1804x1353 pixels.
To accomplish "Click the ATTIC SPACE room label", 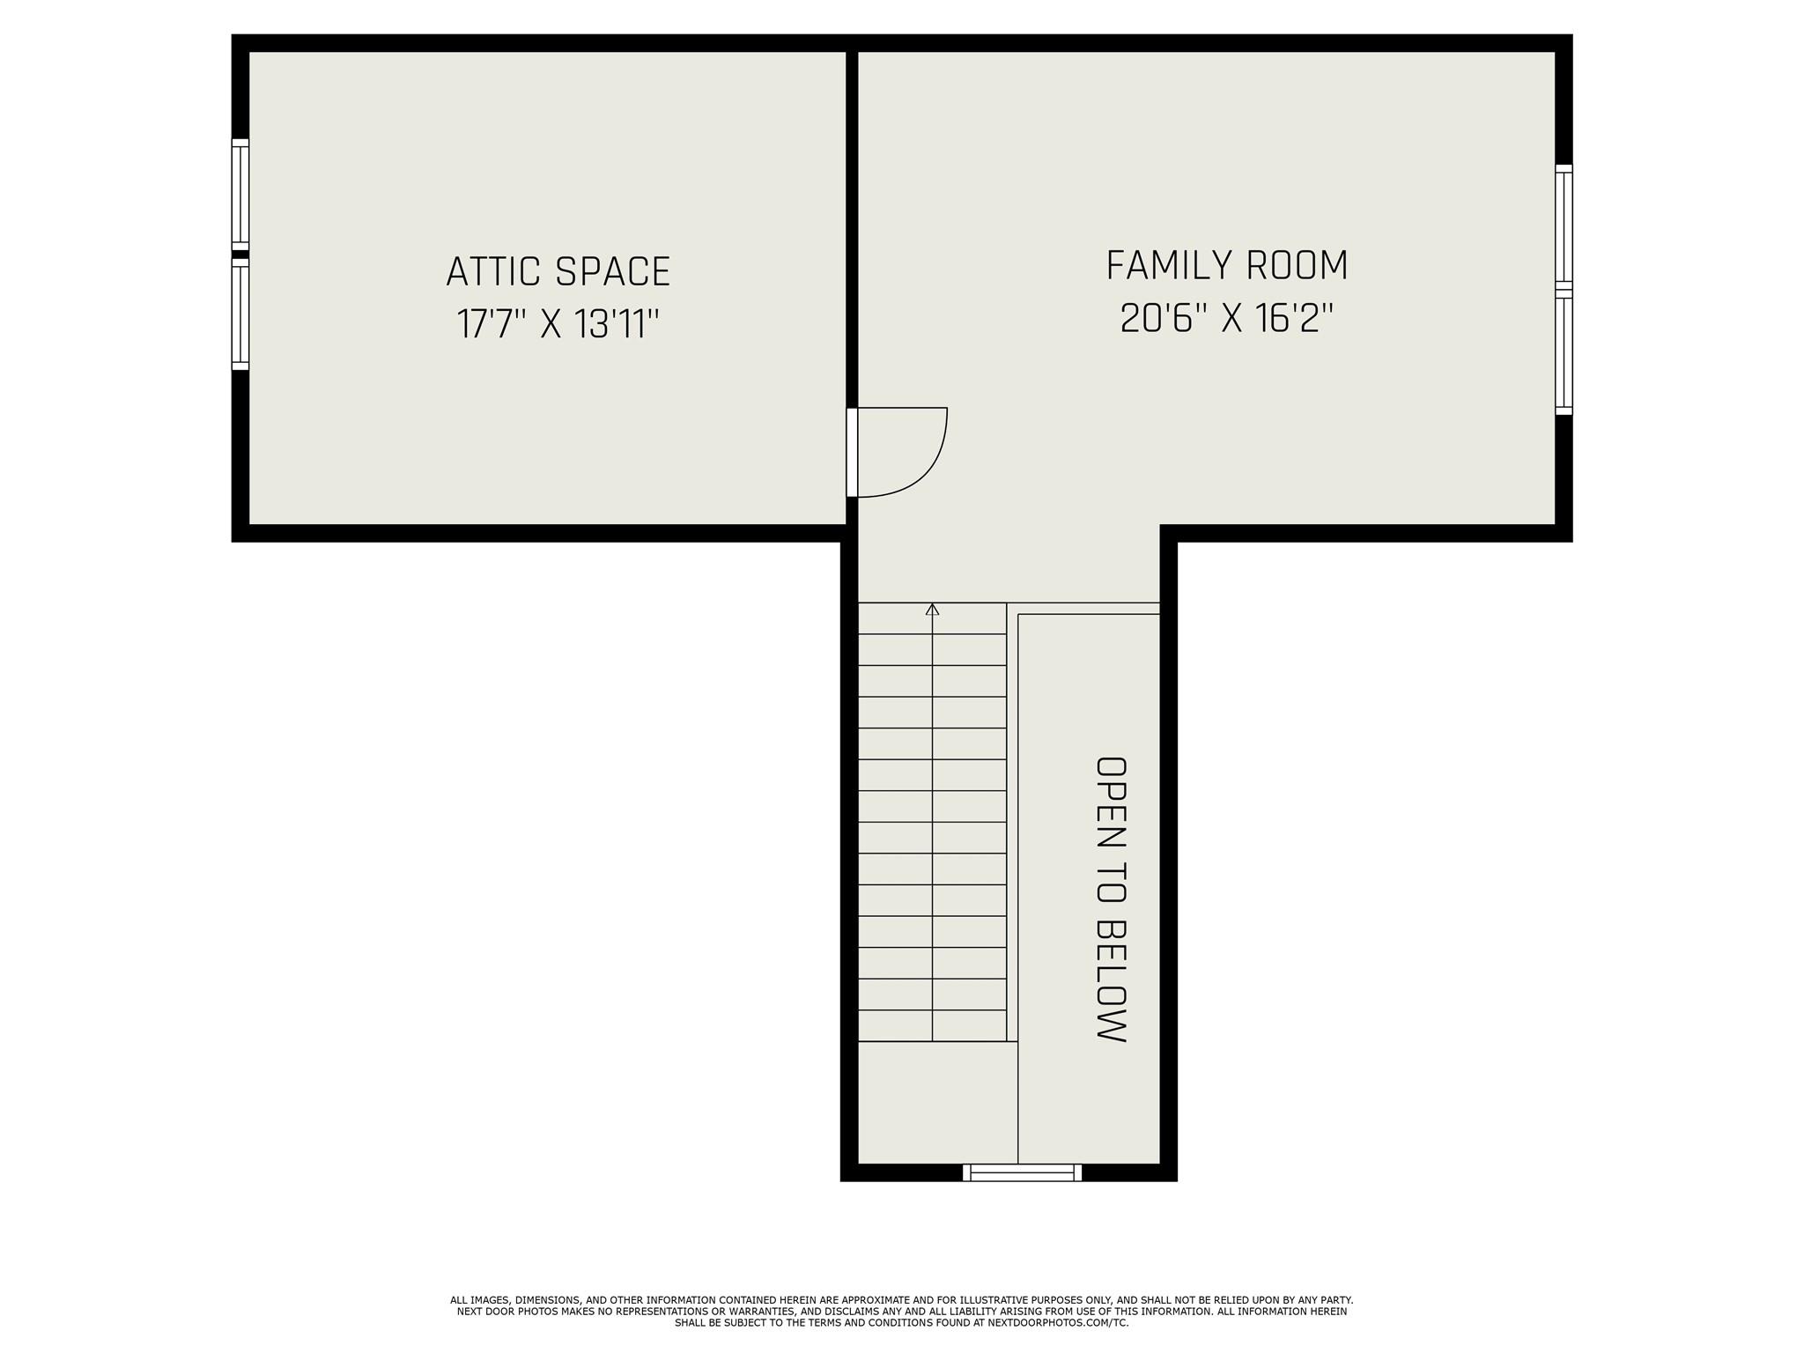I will coord(558,271).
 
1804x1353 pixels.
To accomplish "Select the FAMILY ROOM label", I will coord(1227,266).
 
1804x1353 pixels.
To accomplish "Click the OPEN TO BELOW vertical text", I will coord(1111,898).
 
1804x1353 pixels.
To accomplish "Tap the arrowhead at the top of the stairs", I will coord(933,609).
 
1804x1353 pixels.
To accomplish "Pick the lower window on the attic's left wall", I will coord(240,314).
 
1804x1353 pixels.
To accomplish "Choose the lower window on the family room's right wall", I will coord(1564,352).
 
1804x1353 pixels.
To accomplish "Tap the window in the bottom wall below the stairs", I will coord(1022,1172).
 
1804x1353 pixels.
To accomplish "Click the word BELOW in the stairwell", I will coord(1111,981).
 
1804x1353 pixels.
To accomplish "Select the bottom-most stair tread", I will coord(932,1025).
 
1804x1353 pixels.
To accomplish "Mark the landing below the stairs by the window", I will coord(937,1102).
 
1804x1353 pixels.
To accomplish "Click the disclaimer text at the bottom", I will coord(901,1311).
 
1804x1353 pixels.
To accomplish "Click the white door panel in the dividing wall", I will coord(852,453).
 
